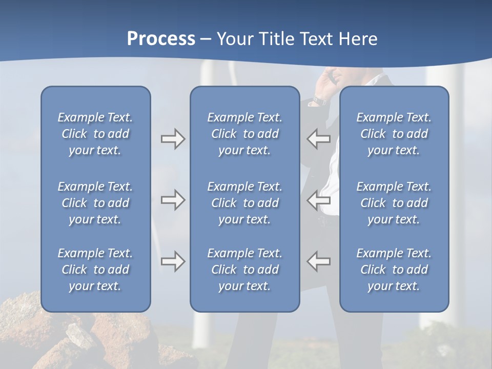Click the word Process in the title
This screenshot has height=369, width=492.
(x=161, y=39)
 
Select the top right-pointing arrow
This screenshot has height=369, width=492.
(x=173, y=139)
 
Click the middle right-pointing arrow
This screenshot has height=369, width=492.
(x=173, y=200)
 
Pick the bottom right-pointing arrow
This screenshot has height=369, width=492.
(x=173, y=261)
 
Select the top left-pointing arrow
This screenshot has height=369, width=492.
(x=318, y=139)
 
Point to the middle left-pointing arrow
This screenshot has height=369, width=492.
(x=318, y=200)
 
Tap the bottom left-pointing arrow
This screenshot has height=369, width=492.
(x=318, y=261)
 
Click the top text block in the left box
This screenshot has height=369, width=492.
(x=95, y=134)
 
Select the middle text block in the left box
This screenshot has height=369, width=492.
(x=95, y=203)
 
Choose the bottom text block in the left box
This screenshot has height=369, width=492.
(x=95, y=270)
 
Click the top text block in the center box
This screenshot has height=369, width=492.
(x=244, y=134)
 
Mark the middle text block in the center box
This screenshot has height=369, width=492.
(x=244, y=203)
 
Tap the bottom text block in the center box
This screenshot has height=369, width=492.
(x=244, y=270)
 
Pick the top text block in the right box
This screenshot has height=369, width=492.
(x=394, y=134)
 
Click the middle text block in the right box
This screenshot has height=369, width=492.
(x=394, y=203)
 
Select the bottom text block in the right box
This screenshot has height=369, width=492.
(x=394, y=270)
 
